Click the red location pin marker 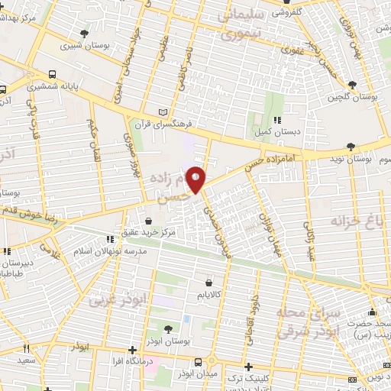(x=196, y=179)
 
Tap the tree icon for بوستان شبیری (x=83, y=33)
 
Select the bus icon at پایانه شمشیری (x=52, y=74)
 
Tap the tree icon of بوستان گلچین (x=351, y=85)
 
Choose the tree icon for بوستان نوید (x=351, y=146)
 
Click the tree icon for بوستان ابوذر (x=168, y=328)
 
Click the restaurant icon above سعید (x=28, y=348)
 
